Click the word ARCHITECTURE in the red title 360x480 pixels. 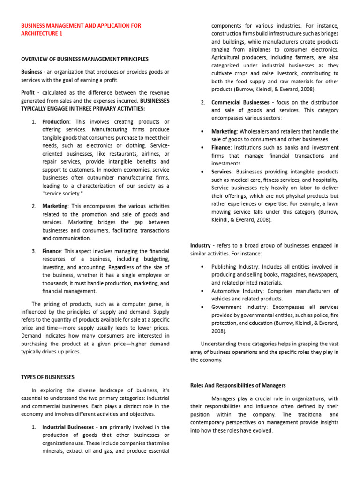point(37,34)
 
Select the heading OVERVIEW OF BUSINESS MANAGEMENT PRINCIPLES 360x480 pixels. point(85,59)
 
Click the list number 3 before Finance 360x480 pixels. point(34,251)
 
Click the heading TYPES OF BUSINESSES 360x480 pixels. point(48,377)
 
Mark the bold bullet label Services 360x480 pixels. point(222,172)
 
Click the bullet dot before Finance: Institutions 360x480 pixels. point(202,147)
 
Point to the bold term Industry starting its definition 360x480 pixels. point(201,245)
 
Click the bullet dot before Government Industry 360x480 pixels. point(202,307)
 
